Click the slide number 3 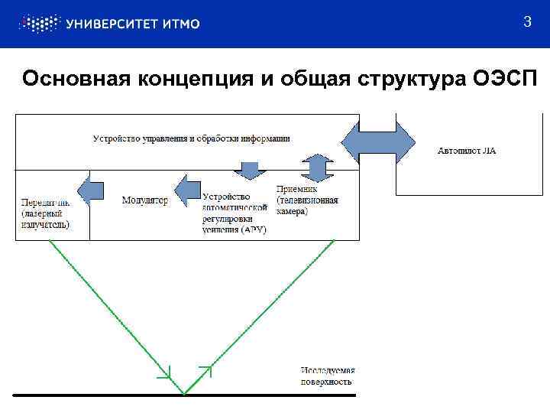tap(527, 22)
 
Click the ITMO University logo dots tap(38, 24)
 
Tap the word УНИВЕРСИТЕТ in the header tap(114, 24)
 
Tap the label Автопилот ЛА tap(467, 151)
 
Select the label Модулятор tap(144, 200)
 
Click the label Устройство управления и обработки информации tap(191, 138)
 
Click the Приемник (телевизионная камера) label tap(307, 200)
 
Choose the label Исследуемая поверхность tap(327, 376)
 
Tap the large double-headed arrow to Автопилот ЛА tap(377, 141)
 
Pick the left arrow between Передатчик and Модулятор tap(91, 190)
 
